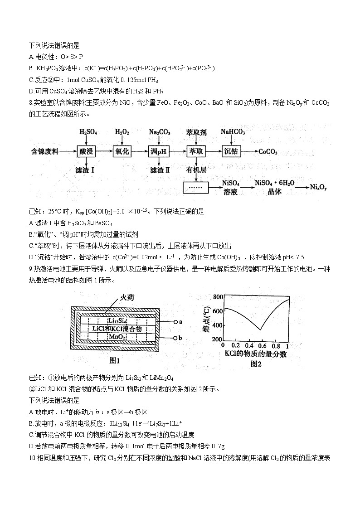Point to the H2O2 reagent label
coord(122,132)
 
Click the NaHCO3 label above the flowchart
coord(233,132)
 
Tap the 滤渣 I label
coord(85,170)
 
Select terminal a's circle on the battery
coord(175,322)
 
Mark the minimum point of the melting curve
coord(260,330)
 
